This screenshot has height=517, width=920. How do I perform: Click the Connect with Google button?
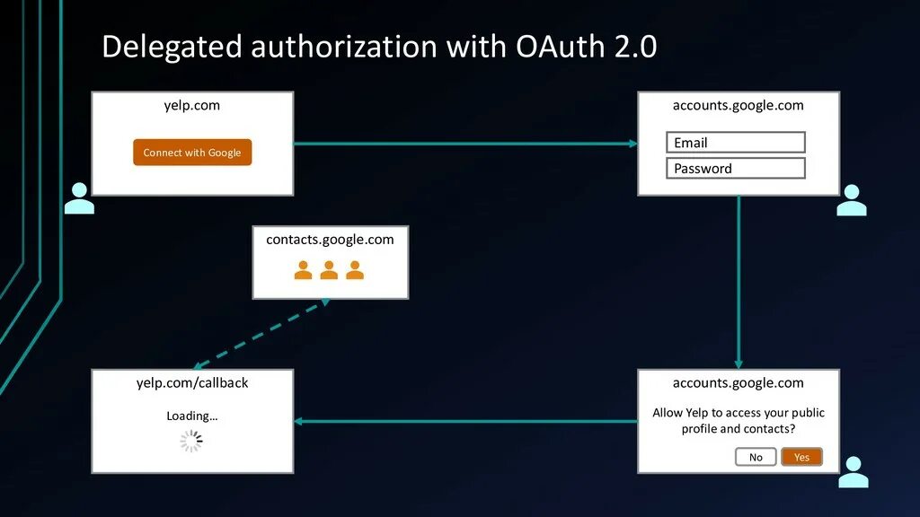click(x=192, y=153)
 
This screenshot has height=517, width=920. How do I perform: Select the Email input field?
click(x=735, y=143)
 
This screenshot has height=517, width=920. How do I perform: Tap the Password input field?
click(x=735, y=169)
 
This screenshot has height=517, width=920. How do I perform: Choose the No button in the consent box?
click(x=756, y=457)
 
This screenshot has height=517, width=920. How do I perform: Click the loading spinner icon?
click(x=191, y=441)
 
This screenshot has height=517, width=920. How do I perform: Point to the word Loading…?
click(x=192, y=416)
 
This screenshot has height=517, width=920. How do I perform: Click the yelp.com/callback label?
click(x=192, y=382)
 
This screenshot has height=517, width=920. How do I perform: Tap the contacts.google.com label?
click(x=330, y=240)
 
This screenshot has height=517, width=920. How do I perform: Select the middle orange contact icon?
click(x=330, y=269)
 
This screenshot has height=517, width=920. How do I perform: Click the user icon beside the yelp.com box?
click(x=79, y=198)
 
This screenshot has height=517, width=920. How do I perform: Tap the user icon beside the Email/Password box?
click(x=851, y=200)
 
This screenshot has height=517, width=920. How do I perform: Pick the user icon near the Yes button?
click(x=853, y=472)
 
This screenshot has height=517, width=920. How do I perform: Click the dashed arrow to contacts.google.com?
click(x=261, y=334)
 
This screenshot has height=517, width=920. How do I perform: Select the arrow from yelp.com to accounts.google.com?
click(x=465, y=143)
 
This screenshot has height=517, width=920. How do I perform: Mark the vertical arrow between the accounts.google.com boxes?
click(x=739, y=282)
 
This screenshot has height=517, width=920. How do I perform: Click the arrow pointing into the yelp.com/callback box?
click(x=465, y=421)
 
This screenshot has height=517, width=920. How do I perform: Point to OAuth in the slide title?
click(x=561, y=47)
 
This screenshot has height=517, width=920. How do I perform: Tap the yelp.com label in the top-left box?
click(x=192, y=105)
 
